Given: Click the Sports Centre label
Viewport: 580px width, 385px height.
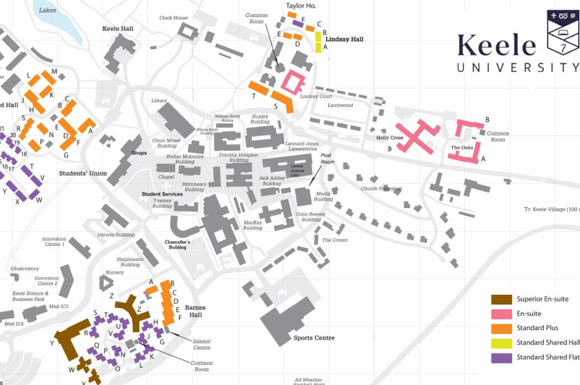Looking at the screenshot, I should tap(314, 338).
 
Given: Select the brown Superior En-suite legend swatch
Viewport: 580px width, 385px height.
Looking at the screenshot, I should tap(501, 300).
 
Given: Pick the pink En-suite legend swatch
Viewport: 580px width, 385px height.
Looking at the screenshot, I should tap(501, 314).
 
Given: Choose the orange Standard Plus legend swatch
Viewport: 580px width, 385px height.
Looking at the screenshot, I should tap(501, 328).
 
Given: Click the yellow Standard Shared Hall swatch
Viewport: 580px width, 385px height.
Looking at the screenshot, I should tap(501, 343).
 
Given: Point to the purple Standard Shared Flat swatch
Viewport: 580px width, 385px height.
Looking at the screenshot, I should tap(501, 358).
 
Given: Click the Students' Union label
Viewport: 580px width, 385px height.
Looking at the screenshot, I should tap(83, 174).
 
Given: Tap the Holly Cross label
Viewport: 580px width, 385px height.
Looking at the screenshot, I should tap(390, 138).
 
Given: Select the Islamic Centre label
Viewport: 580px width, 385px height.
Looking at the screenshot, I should tap(202, 344).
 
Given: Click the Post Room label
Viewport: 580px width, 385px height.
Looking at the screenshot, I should tap(327, 158).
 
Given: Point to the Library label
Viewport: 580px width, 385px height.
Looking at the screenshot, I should tap(159, 100).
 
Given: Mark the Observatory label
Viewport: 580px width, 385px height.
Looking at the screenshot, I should tap(25, 268).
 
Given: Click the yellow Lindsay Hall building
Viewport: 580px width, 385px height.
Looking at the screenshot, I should tap(318, 42).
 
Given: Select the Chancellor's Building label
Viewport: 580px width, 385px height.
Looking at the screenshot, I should tap(178, 244).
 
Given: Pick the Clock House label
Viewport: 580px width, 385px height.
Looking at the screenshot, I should tap(173, 18).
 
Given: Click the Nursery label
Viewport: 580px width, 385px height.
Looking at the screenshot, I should tap(114, 273).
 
